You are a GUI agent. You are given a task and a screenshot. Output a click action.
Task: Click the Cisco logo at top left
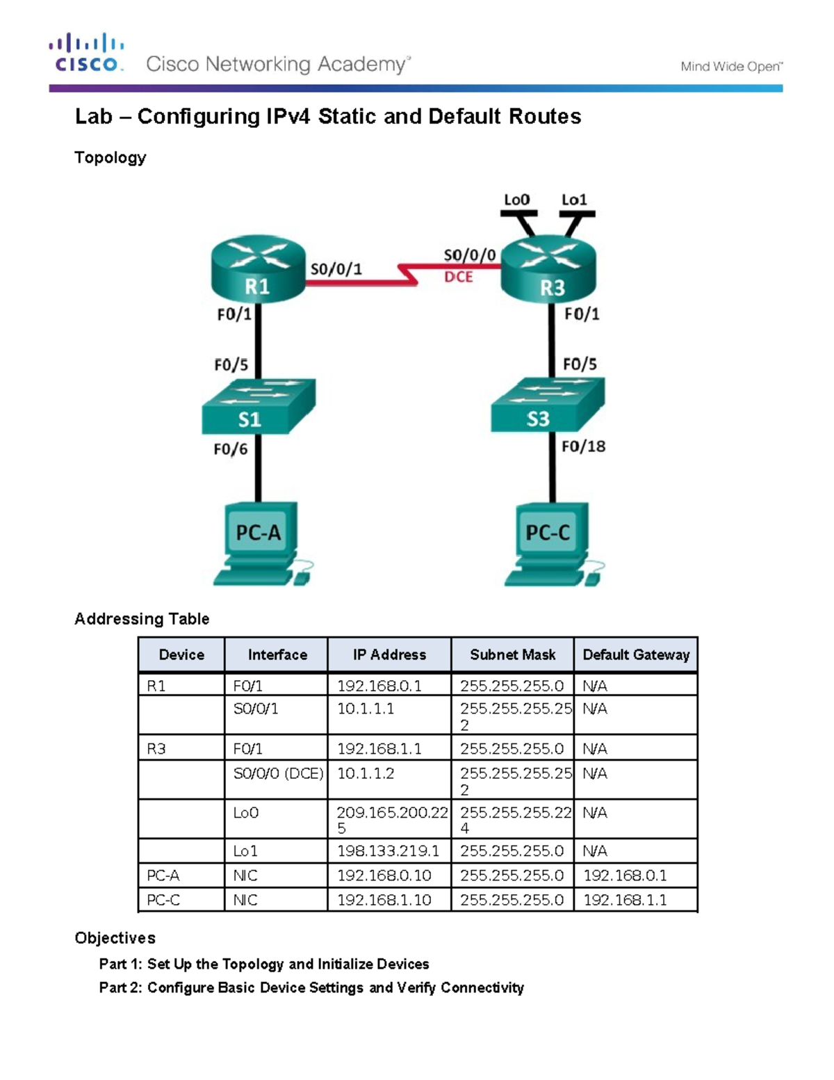[87, 53]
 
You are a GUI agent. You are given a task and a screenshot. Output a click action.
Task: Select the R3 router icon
[548, 269]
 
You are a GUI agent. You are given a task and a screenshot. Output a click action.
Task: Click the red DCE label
[458, 277]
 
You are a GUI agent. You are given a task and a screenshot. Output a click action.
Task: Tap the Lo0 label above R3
[516, 200]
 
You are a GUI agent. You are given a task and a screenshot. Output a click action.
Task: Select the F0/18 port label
[583, 446]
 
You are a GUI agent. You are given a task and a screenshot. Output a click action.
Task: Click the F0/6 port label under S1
[230, 449]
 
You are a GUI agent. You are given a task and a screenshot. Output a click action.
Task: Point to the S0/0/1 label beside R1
[336, 269]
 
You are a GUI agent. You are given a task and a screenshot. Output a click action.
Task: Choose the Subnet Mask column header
[512, 654]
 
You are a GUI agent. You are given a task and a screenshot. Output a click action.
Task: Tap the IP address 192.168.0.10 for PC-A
[384, 876]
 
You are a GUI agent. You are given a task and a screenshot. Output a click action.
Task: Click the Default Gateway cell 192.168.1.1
[625, 900]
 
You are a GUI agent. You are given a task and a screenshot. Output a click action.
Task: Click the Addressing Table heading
[142, 619]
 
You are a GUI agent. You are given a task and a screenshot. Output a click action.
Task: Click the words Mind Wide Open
[730, 67]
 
